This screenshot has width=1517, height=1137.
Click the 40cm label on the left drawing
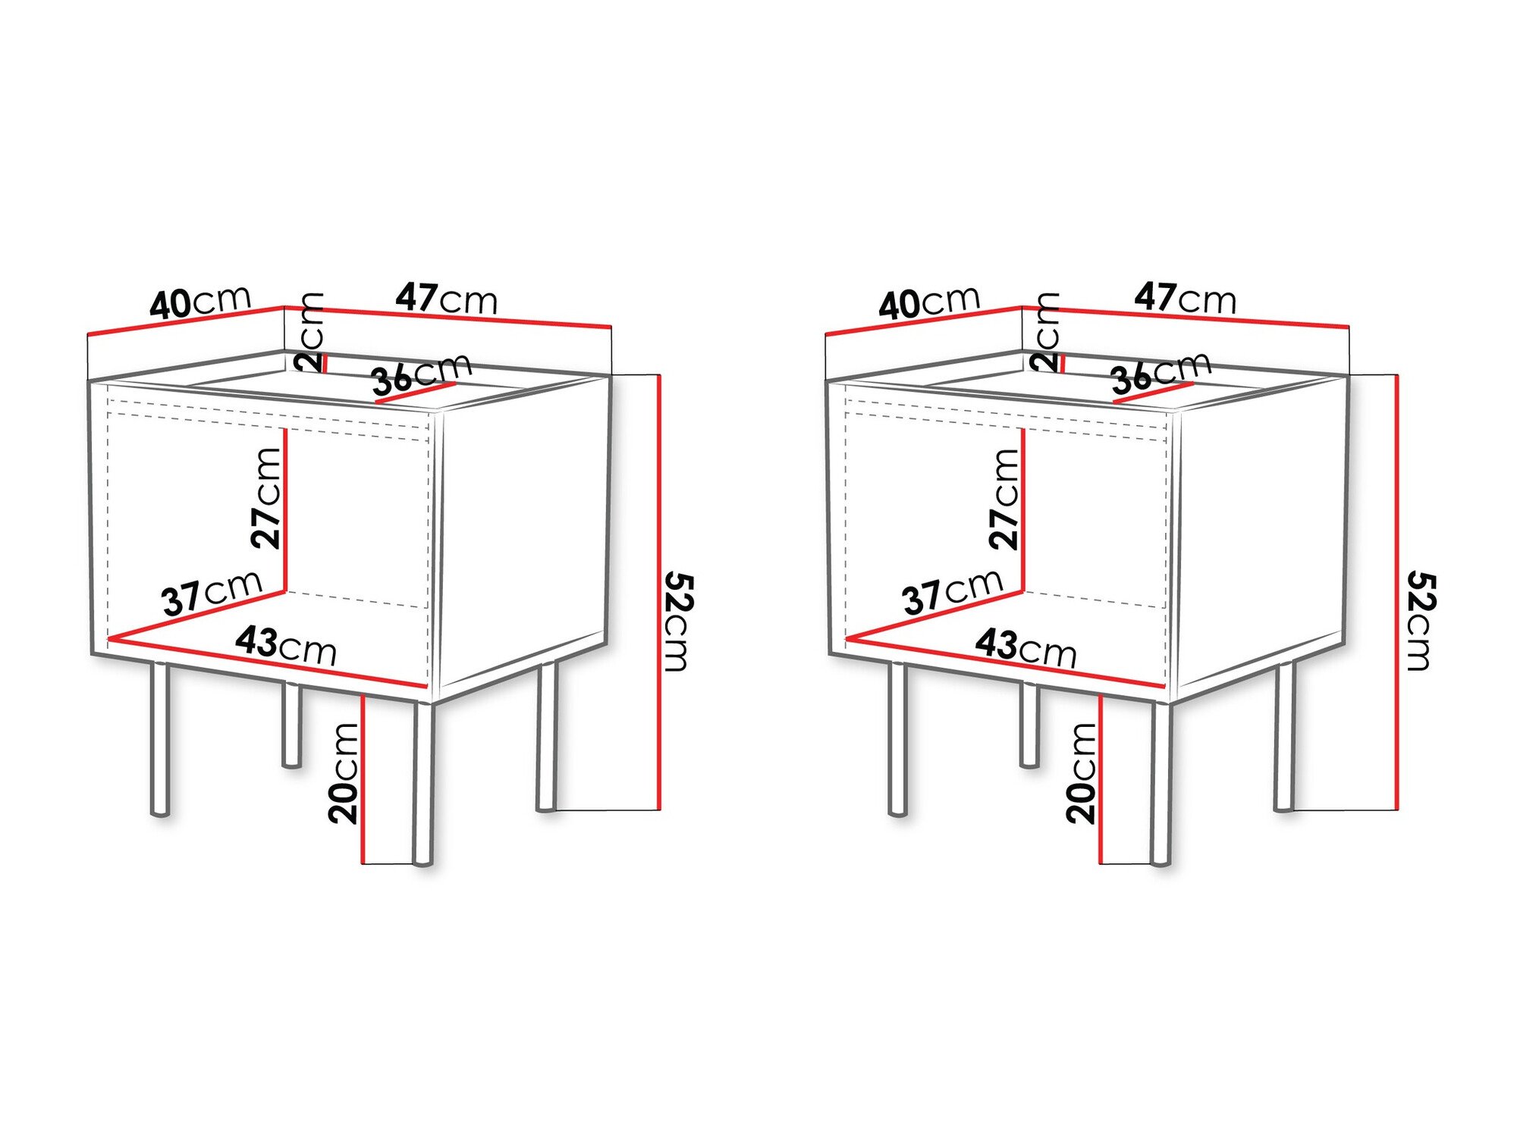tap(199, 302)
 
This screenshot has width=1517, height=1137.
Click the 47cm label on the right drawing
tap(1185, 298)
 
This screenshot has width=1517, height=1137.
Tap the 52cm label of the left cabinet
tap(677, 622)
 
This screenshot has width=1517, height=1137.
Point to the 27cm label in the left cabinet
tap(267, 497)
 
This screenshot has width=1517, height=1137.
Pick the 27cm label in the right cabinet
tap(1005, 498)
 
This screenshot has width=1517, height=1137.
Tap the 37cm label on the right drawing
tap(953, 590)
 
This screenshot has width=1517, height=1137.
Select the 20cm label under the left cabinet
tap(344, 772)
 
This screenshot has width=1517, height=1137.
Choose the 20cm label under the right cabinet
tap(1082, 772)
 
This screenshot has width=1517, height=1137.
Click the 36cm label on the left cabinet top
tap(422, 373)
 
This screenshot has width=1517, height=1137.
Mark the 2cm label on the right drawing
tap(1047, 331)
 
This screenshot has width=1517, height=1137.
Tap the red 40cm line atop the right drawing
tap(924, 321)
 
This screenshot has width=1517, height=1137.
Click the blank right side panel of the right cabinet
tap(1259, 531)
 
